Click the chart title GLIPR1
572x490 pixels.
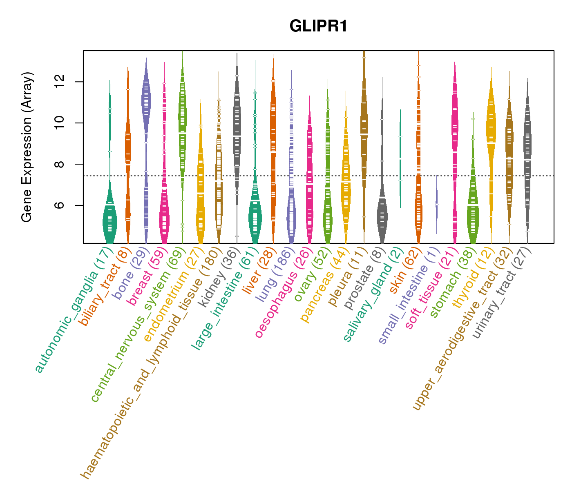[318, 27]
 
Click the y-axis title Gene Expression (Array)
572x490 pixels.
[27, 147]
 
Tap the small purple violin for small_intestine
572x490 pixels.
[436, 204]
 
